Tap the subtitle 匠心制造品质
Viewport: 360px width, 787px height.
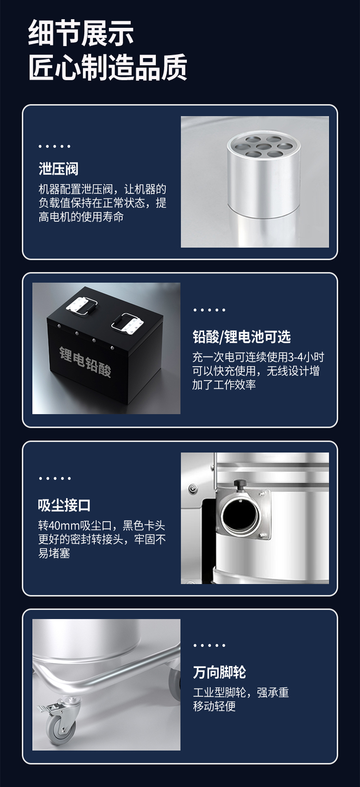click(x=108, y=67)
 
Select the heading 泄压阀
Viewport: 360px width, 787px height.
click(x=59, y=168)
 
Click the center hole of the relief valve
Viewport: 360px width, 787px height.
click(x=264, y=146)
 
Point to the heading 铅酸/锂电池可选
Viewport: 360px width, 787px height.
click(x=241, y=336)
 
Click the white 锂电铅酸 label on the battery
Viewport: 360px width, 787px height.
click(x=85, y=362)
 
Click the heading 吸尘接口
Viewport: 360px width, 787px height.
click(x=64, y=505)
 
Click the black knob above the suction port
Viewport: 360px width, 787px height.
click(x=240, y=485)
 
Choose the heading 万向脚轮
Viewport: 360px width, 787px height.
click(x=219, y=672)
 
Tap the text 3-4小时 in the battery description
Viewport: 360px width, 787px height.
click(x=306, y=357)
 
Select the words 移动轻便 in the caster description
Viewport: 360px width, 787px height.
click(x=214, y=706)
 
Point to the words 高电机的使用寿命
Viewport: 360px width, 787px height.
click(x=81, y=217)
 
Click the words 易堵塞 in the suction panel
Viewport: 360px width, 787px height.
click(x=54, y=553)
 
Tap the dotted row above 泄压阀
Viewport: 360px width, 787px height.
click(x=55, y=146)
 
